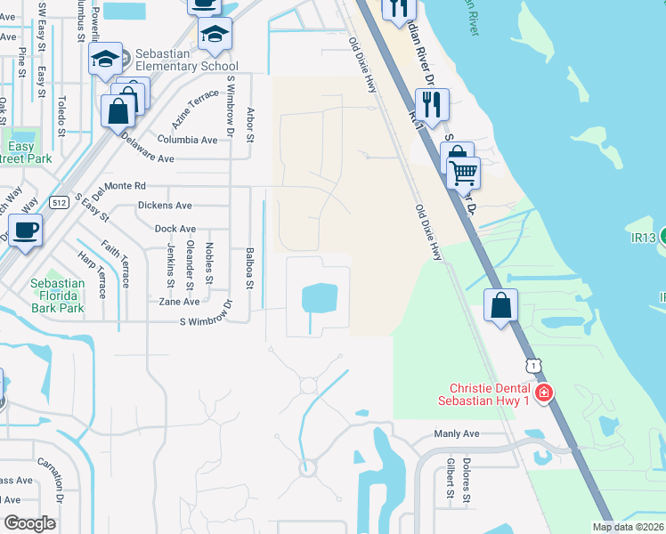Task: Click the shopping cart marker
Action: [464, 173]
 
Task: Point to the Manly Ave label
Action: [457, 433]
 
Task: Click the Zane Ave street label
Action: [179, 302]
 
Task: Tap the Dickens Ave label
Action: [165, 205]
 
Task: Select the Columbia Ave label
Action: [187, 140]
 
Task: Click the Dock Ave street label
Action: [175, 229]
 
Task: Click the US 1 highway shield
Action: [532, 366]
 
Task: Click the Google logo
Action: [30, 522]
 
